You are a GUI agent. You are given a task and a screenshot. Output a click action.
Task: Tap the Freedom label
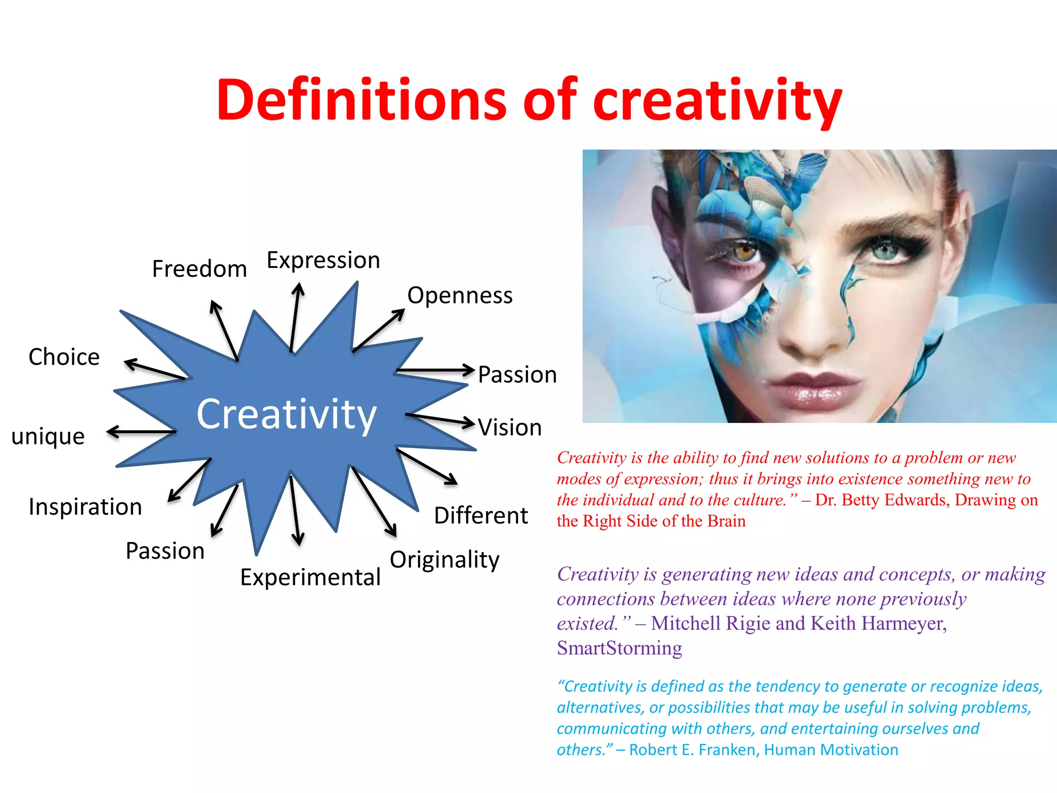(199, 269)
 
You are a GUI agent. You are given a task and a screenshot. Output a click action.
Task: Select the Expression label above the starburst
(323, 260)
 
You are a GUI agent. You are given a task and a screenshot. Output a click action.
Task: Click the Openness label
(460, 296)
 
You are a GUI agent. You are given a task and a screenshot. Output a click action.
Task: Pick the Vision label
(510, 427)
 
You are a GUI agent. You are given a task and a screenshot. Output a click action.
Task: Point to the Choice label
(64, 357)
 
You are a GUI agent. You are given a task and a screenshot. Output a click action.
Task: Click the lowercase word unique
(48, 437)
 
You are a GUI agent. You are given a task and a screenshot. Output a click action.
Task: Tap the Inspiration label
(85, 506)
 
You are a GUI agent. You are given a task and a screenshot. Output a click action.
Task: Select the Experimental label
(310, 577)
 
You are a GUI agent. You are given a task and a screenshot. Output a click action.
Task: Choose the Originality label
(444, 560)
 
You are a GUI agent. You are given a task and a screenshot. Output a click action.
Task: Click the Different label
(481, 515)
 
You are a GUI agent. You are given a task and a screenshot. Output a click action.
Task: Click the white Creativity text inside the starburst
(286, 414)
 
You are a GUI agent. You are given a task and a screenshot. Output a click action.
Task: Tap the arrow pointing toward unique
(140, 432)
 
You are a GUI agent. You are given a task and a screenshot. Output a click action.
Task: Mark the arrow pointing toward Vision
(440, 419)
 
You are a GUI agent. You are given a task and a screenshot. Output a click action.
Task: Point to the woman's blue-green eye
(886, 251)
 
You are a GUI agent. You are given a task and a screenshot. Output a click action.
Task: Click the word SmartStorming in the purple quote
(619, 648)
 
